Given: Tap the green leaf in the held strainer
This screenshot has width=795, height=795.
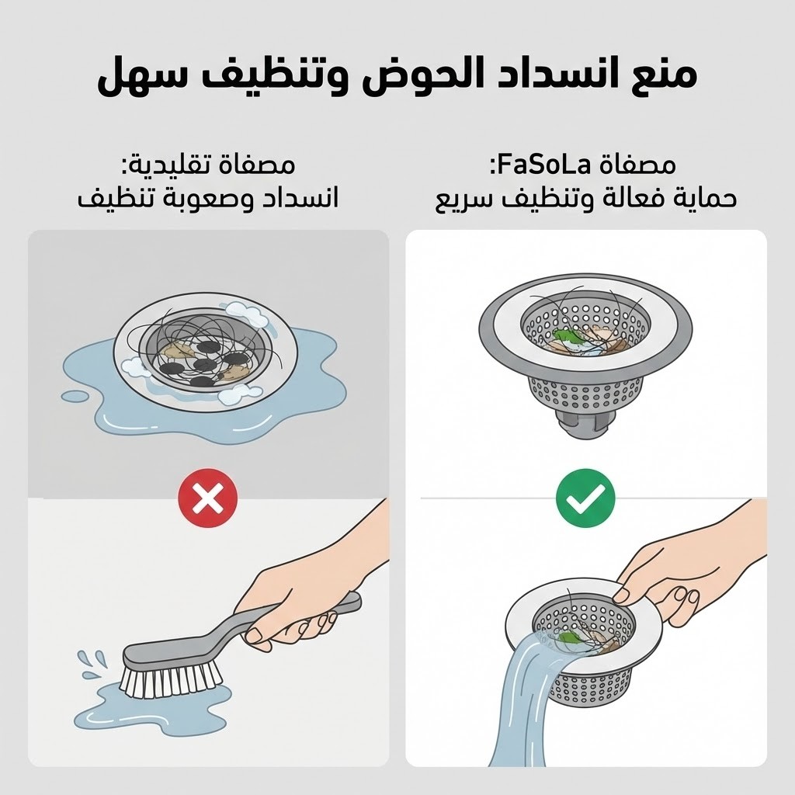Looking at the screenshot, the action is (568, 637).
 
